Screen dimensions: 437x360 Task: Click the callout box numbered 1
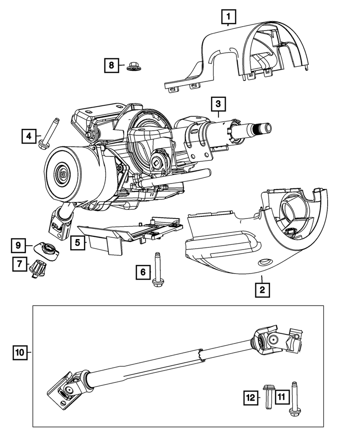(x=228, y=17)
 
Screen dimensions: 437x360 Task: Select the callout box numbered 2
(x=262, y=289)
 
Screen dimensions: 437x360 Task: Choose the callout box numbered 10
(x=20, y=351)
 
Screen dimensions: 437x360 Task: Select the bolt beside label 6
(x=157, y=270)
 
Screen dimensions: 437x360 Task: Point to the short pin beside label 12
(x=268, y=396)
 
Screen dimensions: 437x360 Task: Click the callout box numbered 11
(x=280, y=397)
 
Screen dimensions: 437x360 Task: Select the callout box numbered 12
(x=251, y=397)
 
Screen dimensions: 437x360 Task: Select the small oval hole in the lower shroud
(x=263, y=262)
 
